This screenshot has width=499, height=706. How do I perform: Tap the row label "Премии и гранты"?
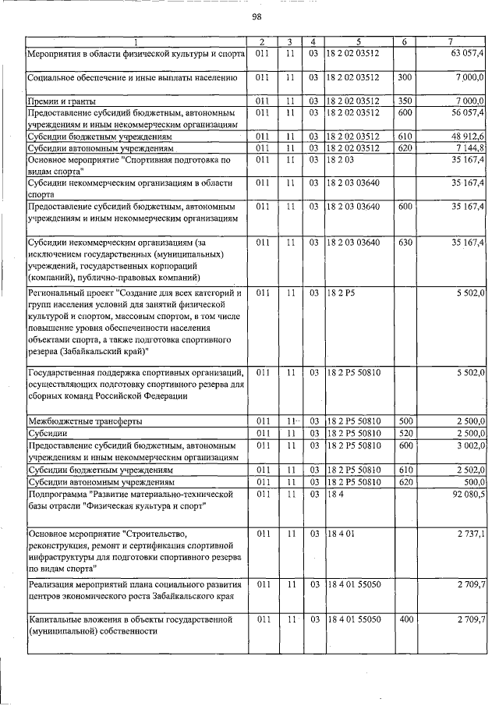coord(62,101)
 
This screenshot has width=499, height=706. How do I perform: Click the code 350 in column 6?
coord(405,101)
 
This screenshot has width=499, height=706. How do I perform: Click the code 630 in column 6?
coord(405,243)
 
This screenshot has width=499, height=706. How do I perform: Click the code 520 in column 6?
coord(405,432)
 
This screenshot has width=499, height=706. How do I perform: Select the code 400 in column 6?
coord(405,619)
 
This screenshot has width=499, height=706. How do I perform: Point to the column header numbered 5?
coord(359,41)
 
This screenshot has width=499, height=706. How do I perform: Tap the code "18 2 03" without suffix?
coord(339,159)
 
